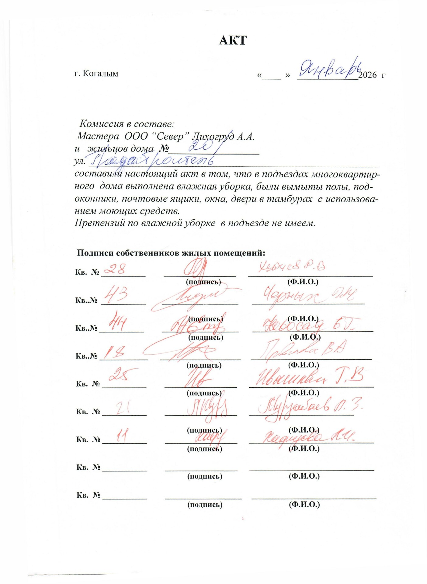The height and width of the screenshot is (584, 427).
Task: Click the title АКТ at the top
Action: pyautogui.click(x=232, y=40)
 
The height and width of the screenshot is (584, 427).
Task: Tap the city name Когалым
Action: pyautogui.click(x=100, y=74)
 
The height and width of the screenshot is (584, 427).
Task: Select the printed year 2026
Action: pyautogui.click(x=367, y=75)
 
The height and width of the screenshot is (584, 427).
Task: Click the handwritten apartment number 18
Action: pyautogui.click(x=114, y=353)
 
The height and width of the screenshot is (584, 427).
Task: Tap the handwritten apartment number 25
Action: pyautogui.click(x=120, y=375)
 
